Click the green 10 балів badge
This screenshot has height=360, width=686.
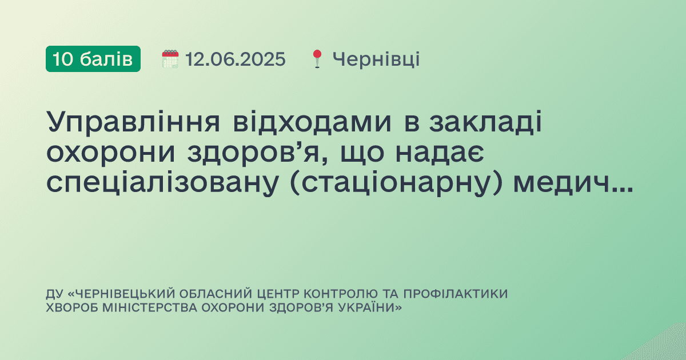[x=93, y=59]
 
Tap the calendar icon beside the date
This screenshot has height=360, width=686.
[x=170, y=59]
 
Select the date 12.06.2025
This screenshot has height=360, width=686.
[x=235, y=59]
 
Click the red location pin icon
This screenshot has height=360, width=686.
[x=317, y=59]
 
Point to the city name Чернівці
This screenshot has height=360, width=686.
[x=376, y=59]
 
